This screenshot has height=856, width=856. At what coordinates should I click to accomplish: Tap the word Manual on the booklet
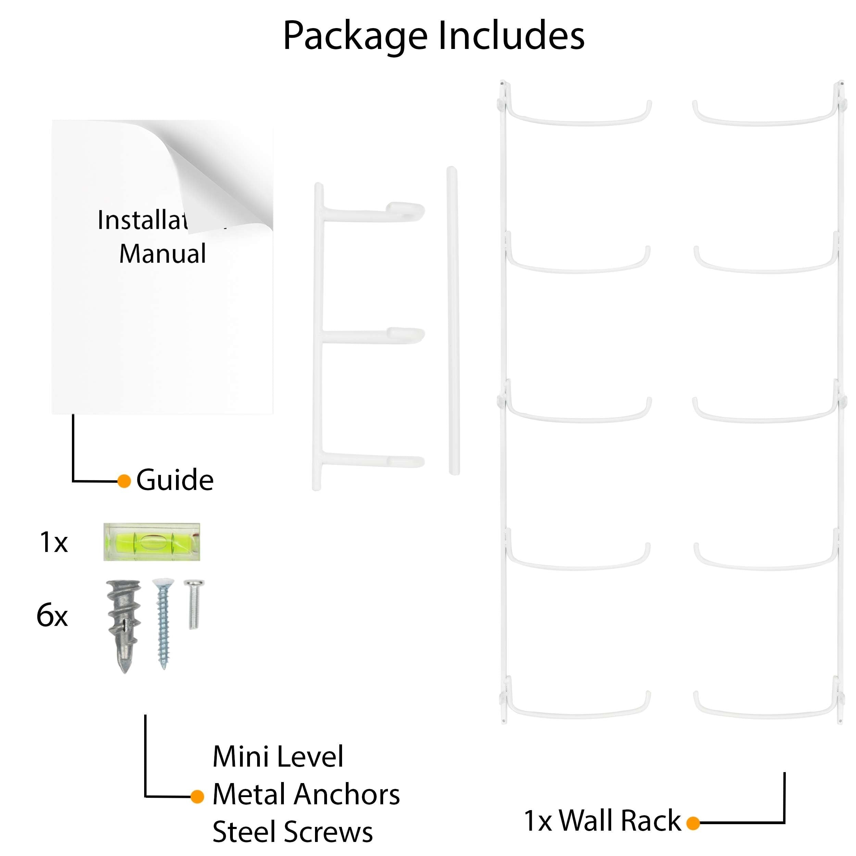coord(163,253)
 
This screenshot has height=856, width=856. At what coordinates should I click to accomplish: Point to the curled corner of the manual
coord(222,177)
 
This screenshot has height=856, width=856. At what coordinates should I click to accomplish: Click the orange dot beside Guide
coord(124,481)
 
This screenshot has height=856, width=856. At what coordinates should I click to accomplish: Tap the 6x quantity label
coord(52,615)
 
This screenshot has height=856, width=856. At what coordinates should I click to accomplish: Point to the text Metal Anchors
coord(306,794)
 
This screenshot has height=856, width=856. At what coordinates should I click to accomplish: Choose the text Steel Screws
coord(292,831)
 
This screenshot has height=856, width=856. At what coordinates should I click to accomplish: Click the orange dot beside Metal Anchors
coord(197,797)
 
